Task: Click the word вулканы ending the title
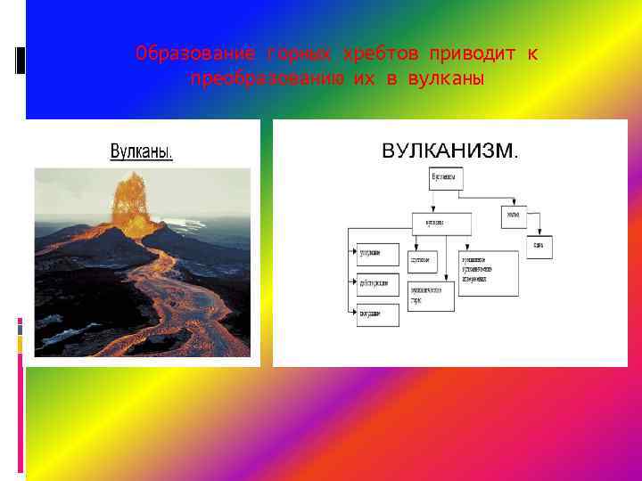pos(446,78)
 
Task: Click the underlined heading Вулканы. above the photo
pos(142,151)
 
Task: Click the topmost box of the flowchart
pos(447,178)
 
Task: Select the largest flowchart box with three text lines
pos(488,273)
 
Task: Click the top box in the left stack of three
pos(378,255)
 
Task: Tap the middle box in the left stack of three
pos(378,285)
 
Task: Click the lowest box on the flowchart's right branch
pos(539,247)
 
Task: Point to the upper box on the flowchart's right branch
pos(514,216)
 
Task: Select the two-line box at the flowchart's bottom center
pos(432,294)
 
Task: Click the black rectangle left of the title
pos(21,60)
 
